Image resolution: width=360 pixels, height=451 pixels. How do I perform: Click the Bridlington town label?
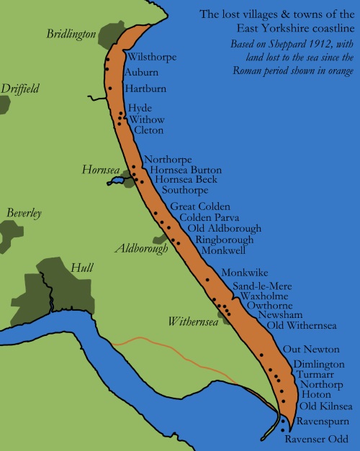[71, 34]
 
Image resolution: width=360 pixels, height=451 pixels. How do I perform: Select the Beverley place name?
[24, 213]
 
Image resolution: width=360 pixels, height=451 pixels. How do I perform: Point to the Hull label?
[82, 268]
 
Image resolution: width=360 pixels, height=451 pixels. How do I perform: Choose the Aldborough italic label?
[142, 248]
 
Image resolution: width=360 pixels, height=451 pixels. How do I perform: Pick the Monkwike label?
[245, 273]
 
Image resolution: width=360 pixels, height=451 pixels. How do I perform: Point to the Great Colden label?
[190, 206]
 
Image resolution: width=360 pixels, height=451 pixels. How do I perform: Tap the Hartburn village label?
[146, 88]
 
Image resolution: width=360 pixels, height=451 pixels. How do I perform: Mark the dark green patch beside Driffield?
[4, 103]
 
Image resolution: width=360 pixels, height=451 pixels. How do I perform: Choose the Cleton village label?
[148, 130]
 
